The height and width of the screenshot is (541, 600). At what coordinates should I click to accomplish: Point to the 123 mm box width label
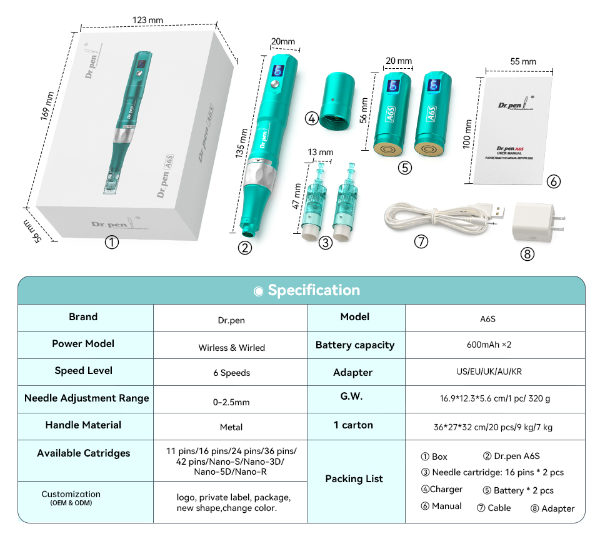tap(147, 20)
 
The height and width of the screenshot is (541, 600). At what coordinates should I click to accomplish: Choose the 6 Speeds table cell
tap(231, 373)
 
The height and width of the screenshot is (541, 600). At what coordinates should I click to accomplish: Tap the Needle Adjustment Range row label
tap(87, 398)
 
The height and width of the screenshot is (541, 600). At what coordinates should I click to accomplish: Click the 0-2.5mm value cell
tap(231, 402)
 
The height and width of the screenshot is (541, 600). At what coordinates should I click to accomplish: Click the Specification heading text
tap(314, 290)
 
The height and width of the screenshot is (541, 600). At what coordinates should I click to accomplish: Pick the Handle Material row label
tap(84, 425)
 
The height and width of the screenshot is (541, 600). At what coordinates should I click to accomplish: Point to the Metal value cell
tap(231, 428)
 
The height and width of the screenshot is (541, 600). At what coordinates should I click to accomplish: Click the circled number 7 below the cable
tap(421, 241)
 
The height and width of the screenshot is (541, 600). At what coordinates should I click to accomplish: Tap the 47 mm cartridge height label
tap(298, 197)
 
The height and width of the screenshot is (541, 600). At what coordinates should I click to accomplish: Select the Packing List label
tap(354, 478)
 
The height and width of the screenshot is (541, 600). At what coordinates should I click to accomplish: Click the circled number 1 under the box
tap(112, 243)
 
